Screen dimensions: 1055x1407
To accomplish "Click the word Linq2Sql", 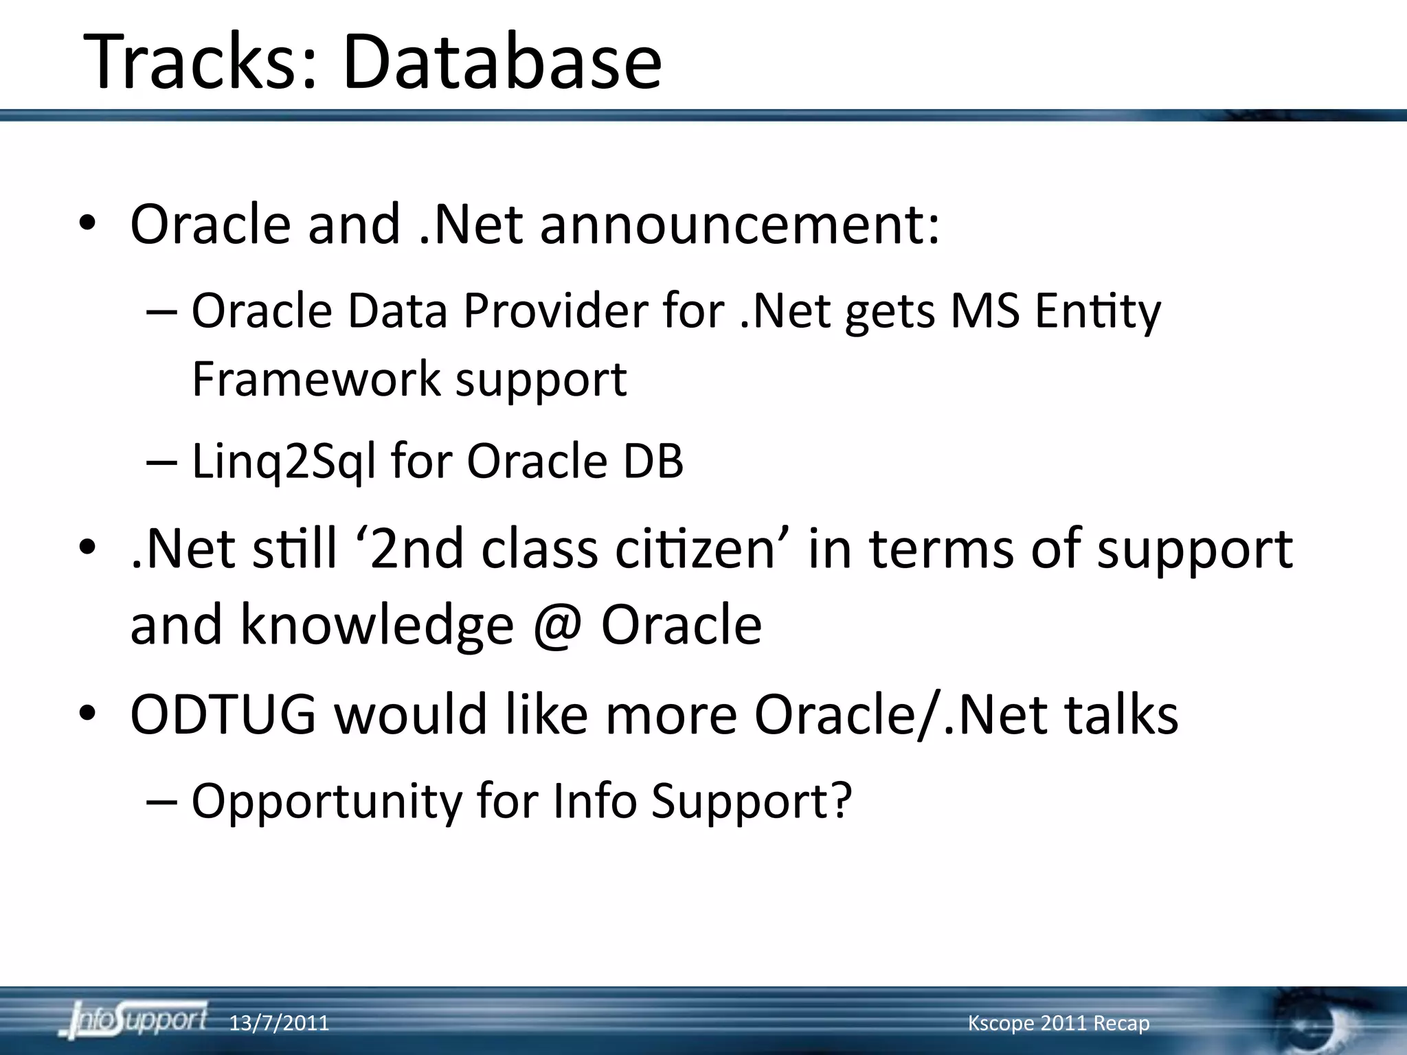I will click(283, 461).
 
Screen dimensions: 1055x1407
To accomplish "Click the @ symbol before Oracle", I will click(557, 625).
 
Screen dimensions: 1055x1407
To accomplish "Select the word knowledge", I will click(376, 625).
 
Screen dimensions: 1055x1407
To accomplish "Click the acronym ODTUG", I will click(223, 714).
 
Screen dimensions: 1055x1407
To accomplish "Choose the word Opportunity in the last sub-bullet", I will click(327, 801).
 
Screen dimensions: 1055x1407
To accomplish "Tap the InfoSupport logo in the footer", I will click(134, 1021).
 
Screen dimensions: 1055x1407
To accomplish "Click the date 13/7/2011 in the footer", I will click(278, 1023).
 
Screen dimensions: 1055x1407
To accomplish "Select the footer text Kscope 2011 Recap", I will click(1058, 1023).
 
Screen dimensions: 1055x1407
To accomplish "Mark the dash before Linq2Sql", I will click(162, 462).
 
